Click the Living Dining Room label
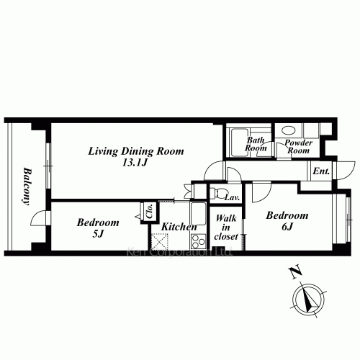click(x=136, y=151)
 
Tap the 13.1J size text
click(x=135, y=163)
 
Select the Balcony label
click(x=27, y=187)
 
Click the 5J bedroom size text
click(x=98, y=234)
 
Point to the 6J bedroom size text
click(x=287, y=227)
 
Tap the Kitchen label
click(x=179, y=227)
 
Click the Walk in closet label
click(x=226, y=228)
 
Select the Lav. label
click(x=233, y=198)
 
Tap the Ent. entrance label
click(x=321, y=171)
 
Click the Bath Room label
click(x=256, y=144)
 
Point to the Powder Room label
click(x=299, y=147)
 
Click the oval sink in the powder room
click(x=289, y=131)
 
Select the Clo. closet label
click(x=150, y=211)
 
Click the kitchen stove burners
click(x=198, y=241)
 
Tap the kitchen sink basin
click(x=198, y=214)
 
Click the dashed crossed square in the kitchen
click(x=160, y=241)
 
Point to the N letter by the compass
click(x=295, y=272)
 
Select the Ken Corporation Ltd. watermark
click(x=179, y=253)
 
